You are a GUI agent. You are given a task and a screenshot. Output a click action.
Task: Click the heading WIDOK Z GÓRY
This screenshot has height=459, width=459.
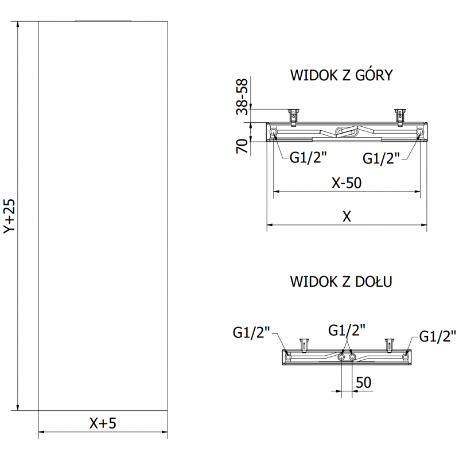[x=341, y=76]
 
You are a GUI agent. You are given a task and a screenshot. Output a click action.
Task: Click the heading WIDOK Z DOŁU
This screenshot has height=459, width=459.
[x=341, y=282]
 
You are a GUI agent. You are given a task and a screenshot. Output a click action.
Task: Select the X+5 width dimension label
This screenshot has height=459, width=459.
[x=103, y=423]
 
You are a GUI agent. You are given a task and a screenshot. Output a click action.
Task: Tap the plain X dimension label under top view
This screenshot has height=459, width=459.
[x=347, y=216]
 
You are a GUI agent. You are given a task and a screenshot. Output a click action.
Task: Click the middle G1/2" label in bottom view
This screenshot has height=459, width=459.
[x=347, y=330]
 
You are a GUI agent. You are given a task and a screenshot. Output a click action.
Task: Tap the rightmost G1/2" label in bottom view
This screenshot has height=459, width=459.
[x=438, y=336]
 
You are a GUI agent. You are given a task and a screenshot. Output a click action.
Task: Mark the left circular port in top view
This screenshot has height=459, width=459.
[x=273, y=133]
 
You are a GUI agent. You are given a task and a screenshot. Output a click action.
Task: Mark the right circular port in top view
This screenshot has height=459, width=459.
[x=421, y=133]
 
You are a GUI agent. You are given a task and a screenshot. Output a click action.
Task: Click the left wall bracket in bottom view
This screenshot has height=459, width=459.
[x=304, y=344]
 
